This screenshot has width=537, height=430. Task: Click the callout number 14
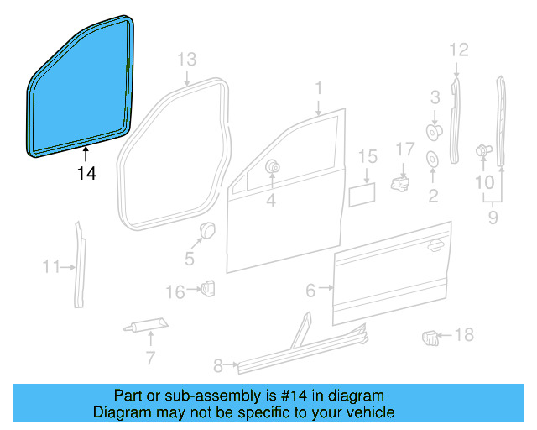point(86,174)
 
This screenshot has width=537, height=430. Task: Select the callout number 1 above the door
point(319,87)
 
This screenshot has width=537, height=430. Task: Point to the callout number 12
point(457,50)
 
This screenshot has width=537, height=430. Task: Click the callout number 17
point(405,149)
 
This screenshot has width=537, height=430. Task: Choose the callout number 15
point(368,156)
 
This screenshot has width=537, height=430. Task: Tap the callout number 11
point(51,267)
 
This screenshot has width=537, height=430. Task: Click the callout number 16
point(175,291)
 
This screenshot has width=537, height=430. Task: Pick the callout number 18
point(463,335)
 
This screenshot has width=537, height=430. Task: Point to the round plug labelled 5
point(206,229)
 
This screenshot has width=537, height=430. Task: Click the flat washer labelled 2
point(433,160)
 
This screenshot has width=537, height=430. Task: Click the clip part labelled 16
point(207,288)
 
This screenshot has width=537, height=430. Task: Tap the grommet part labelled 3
point(435,130)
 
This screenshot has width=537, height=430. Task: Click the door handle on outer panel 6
point(434,245)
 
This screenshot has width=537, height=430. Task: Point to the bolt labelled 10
point(483,150)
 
